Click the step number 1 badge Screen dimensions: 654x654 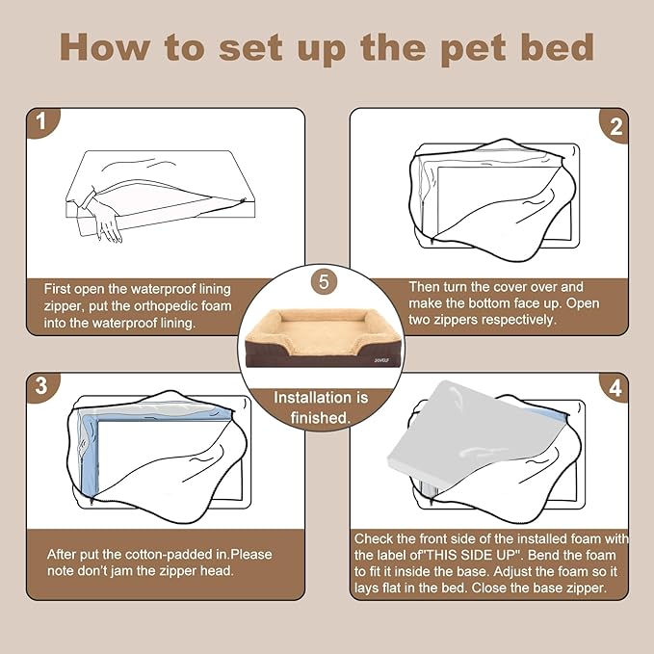(x=40, y=123)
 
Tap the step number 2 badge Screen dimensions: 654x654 (x=615, y=125)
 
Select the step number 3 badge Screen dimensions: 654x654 (x=40, y=387)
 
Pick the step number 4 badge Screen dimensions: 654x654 (x=615, y=389)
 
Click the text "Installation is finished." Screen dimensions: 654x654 (x=322, y=407)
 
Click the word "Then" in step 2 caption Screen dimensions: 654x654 (x=427, y=286)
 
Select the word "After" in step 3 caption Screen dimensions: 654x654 (x=65, y=556)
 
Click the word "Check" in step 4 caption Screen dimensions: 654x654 (x=376, y=538)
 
